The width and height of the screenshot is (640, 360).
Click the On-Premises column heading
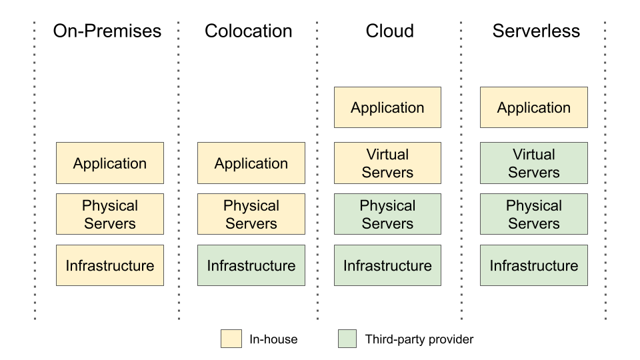point(107,31)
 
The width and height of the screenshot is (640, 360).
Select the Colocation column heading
point(248,31)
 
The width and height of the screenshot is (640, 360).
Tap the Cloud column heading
point(389,31)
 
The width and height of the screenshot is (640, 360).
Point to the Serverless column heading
point(536,31)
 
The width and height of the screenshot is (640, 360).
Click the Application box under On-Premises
point(110,163)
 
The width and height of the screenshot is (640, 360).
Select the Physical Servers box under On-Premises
point(110,214)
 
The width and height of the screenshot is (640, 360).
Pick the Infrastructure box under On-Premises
point(110,265)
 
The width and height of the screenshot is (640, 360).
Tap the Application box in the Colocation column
point(251,163)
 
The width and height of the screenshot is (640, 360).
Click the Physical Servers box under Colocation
point(251,214)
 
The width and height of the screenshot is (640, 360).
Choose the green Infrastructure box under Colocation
point(251,265)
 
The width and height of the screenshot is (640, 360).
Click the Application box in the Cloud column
point(387,107)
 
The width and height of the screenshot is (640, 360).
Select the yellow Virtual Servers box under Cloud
point(387,163)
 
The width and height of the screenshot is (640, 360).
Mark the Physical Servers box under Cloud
point(387,214)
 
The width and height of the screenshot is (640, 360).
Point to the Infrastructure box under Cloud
point(387,265)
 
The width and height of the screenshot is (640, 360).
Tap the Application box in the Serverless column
point(534,107)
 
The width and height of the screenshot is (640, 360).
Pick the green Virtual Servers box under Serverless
point(534,163)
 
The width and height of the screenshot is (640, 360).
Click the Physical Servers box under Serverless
point(534,214)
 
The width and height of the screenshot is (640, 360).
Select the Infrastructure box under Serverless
point(534,265)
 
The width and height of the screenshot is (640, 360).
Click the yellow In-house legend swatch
point(231,339)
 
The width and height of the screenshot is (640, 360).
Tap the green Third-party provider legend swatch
point(347,339)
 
